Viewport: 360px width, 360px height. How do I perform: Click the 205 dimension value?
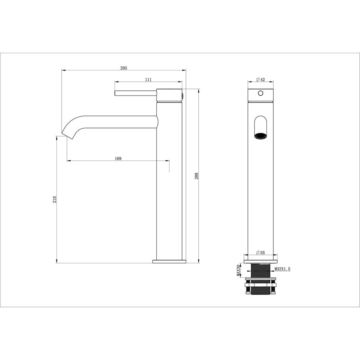click(124, 68)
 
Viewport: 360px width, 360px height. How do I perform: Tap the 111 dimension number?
click(148, 80)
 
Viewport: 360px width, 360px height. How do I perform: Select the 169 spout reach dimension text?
click(118, 158)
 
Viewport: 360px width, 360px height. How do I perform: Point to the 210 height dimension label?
click(54, 200)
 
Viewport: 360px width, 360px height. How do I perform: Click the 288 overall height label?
click(196, 176)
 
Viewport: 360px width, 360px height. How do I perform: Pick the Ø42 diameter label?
click(260, 80)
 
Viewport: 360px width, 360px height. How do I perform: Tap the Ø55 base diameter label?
click(260, 252)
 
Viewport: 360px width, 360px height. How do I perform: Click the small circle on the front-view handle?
click(260, 93)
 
